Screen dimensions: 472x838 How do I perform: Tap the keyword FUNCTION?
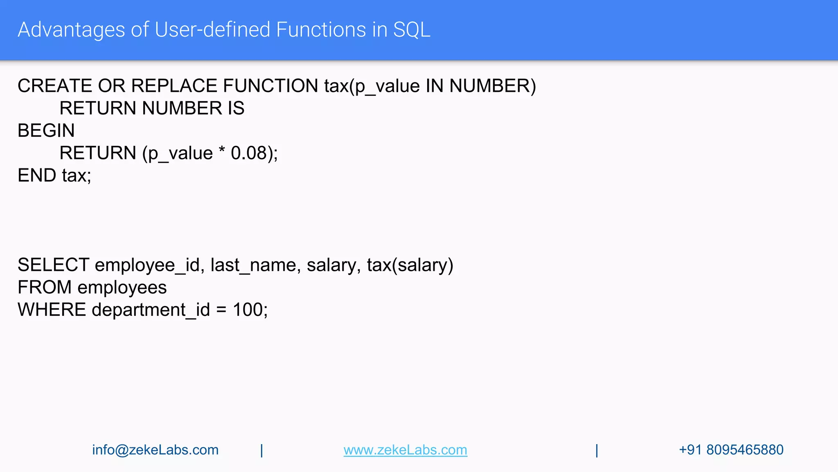point(270,86)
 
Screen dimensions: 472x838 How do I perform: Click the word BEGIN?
point(46,131)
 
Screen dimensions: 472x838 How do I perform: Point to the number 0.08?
point(248,153)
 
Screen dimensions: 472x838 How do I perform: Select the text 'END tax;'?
point(54,176)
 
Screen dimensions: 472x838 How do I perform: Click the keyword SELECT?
point(54,265)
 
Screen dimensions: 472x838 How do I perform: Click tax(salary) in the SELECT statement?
point(410,265)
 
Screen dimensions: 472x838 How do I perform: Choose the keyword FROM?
point(45,288)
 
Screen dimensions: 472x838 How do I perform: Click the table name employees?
point(122,288)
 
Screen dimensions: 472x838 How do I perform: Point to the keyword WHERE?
point(52,310)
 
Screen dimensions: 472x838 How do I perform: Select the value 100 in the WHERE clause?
point(248,310)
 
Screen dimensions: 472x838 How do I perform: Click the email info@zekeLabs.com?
point(155,450)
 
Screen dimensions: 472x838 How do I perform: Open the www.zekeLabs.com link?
point(405,450)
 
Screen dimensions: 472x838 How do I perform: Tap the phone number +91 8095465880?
point(731,450)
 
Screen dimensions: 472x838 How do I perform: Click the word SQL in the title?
point(412,30)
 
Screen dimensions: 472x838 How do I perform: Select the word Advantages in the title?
point(71,30)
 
